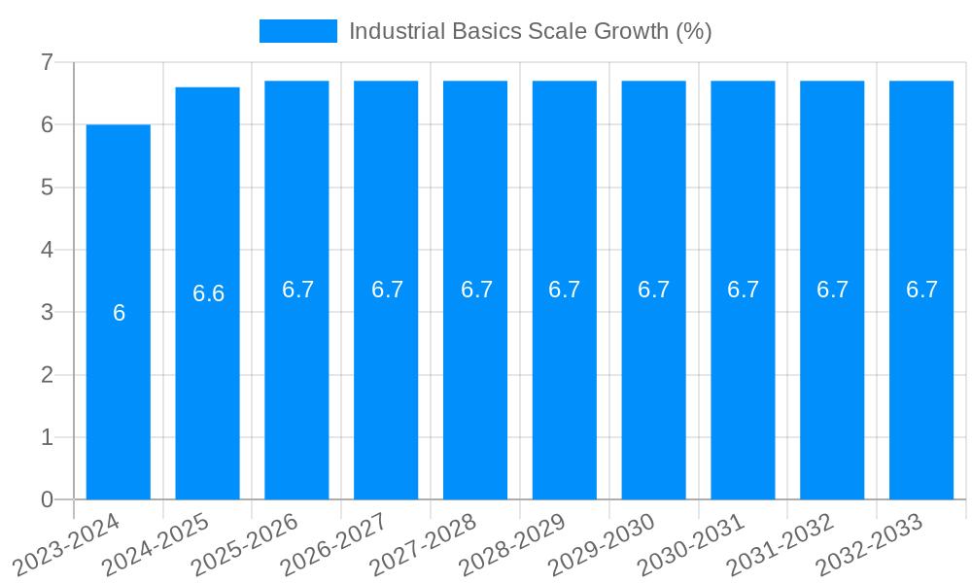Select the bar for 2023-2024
(119, 389)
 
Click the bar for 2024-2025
(208, 389)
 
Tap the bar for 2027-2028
(475, 389)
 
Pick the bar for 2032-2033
(921, 389)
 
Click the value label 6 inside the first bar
(119, 313)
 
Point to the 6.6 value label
(208, 293)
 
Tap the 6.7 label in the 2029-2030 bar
(654, 290)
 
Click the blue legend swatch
(297, 31)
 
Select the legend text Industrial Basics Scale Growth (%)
(530, 31)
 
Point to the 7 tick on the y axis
(47, 62)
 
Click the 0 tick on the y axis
(47, 499)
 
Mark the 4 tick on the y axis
(47, 250)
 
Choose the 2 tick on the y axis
(47, 375)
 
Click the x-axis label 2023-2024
(68, 545)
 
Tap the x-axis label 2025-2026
(246, 545)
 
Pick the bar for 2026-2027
(386, 389)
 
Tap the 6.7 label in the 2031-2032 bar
(832, 290)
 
